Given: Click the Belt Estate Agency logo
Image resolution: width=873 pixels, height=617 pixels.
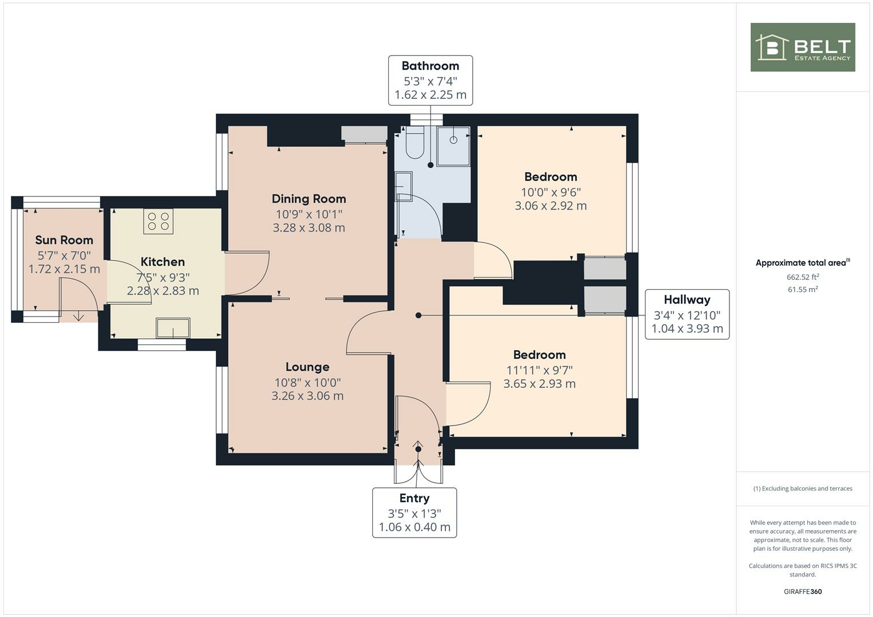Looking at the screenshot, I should [802, 47].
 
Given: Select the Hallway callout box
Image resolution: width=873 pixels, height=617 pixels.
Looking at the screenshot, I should [687, 314].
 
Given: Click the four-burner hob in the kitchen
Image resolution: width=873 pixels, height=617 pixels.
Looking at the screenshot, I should [158, 222].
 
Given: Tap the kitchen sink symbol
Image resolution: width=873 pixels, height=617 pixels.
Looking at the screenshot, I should [173, 328].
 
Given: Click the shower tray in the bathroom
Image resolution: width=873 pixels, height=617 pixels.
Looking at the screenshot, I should [453, 146].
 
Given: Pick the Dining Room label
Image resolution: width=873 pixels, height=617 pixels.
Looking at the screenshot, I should [309, 199].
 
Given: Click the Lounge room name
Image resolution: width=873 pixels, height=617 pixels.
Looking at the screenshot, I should [308, 367].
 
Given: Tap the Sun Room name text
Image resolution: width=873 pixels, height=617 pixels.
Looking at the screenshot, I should [64, 240].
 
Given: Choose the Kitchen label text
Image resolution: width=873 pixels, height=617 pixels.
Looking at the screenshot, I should [162, 262].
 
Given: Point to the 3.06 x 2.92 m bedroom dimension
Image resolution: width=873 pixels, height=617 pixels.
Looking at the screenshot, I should [551, 206].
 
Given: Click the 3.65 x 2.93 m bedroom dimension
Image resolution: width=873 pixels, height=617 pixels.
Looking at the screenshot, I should [539, 383].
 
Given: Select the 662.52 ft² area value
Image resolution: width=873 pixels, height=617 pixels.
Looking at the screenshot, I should [802, 277].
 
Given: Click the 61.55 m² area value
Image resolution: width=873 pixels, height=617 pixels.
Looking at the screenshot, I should [802, 290].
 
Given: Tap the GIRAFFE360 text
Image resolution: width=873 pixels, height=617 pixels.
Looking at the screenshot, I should [802, 591].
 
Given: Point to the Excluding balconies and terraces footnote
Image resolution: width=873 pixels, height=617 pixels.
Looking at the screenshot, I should [802, 488].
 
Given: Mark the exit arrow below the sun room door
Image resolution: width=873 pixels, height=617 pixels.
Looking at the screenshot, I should [78, 316].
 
